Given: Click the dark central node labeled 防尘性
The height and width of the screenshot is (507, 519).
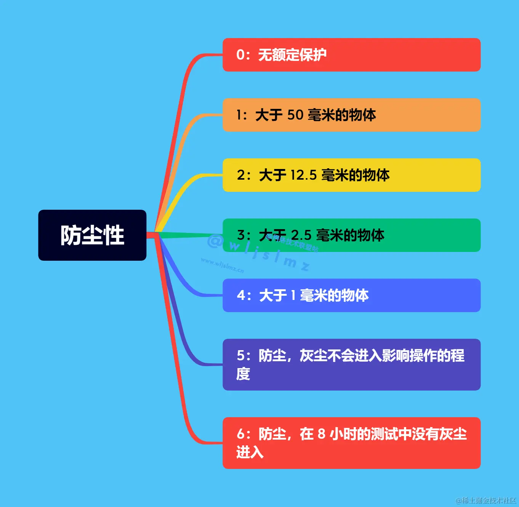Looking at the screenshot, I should [x=92, y=235].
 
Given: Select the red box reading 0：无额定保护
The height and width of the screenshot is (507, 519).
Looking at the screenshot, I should [x=351, y=55].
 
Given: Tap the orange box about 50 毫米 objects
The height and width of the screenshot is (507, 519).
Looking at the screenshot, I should [x=351, y=115].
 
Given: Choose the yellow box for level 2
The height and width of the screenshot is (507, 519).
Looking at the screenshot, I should [x=351, y=175].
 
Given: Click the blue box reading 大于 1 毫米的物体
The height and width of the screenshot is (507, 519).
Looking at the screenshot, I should [x=351, y=295].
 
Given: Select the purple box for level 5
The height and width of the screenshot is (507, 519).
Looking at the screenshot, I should [x=351, y=364].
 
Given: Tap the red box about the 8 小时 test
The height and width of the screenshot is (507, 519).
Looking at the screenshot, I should [x=351, y=443].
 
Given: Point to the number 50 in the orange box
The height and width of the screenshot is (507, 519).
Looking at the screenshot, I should [x=295, y=115].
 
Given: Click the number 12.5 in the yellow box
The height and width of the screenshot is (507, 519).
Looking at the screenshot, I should [x=303, y=175].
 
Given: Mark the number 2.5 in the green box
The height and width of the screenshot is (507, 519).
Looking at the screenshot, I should [x=301, y=235].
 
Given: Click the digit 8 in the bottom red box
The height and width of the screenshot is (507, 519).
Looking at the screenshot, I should [x=321, y=434].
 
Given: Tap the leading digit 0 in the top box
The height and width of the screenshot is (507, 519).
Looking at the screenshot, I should [x=240, y=55].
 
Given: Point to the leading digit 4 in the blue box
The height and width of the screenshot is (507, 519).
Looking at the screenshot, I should [x=241, y=295].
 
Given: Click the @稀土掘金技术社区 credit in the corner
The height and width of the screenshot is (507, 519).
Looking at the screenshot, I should [x=486, y=500].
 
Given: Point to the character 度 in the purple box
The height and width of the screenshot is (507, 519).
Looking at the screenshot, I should [x=243, y=374].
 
